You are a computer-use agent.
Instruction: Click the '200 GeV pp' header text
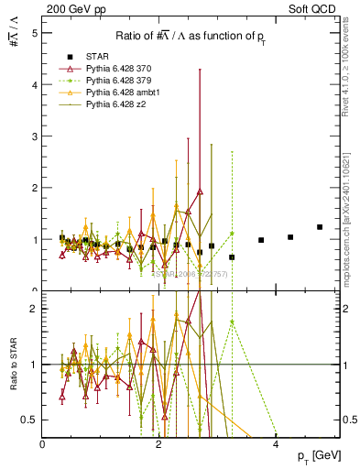click(71, 8)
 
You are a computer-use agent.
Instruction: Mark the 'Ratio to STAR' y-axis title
click(13, 376)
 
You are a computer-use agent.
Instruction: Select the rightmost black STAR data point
click(320, 227)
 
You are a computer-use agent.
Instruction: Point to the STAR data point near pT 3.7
click(261, 240)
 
